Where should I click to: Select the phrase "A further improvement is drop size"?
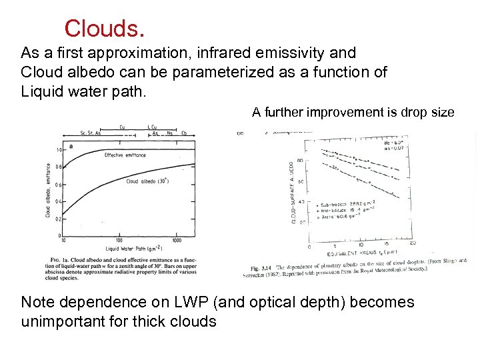click(353, 113)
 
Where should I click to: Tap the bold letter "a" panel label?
click(71, 146)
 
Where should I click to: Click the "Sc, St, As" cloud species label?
click(89, 133)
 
